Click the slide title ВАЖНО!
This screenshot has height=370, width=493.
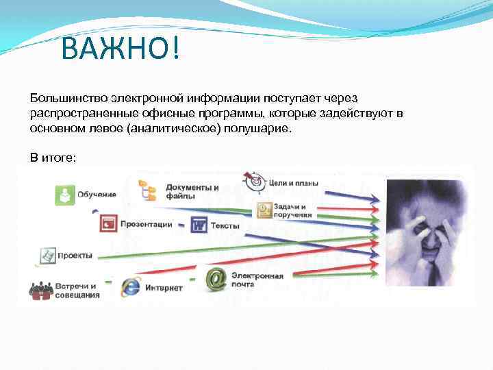pos(121,49)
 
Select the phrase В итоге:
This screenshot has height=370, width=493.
pos(53,158)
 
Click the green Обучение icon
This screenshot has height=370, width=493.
pos(65,195)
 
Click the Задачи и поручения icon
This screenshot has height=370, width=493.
pos(264,210)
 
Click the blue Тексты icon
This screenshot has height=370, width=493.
pos(199,225)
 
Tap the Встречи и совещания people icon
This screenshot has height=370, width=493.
pos(41,290)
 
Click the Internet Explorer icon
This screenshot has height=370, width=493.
pos(130,286)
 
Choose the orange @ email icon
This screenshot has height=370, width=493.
pos(216,277)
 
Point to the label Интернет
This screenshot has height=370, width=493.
pos(164,288)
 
